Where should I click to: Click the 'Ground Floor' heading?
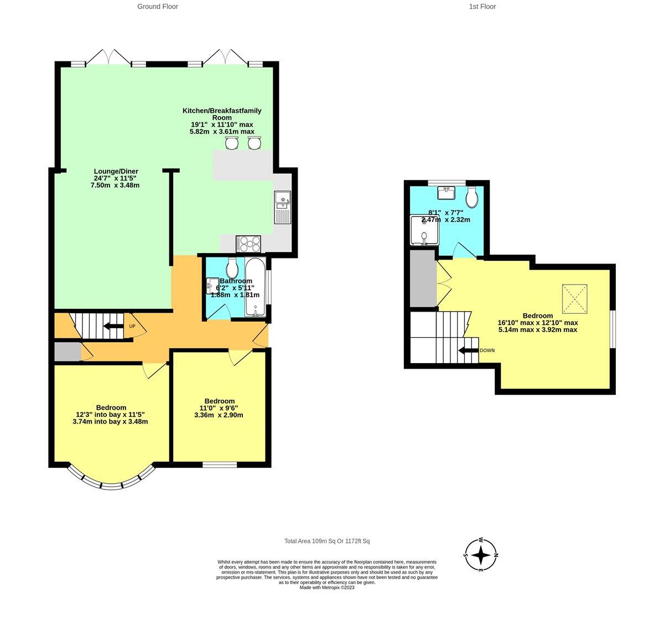pyautogui.click(x=158, y=7)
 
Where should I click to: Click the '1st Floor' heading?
pyautogui.click(x=482, y=7)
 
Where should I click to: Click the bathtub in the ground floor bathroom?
pyautogui.click(x=255, y=287)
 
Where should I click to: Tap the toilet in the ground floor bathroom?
pyautogui.click(x=232, y=268)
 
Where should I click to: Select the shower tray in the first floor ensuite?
pyautogui.click(x=423, y=230)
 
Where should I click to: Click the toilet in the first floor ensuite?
pyautogui.click(x=472, y=196)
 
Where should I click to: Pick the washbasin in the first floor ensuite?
pyautogui.click(x=445, y=193)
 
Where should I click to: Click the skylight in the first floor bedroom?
pyautogui.click(x=574, y=299)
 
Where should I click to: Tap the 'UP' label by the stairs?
pyautogui.click(x=132, y=326)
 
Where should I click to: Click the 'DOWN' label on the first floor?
pyautogui.click(x=487, y=350)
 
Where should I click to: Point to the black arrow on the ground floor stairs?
pyautogui.click(x=113, y=326)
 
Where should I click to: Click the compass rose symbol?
pyautogui.click(x=481, y=554)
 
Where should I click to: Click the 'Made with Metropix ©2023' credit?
pyautogui.click(x=326, y=587)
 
